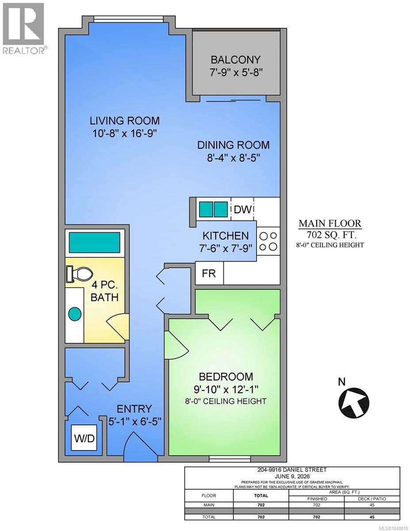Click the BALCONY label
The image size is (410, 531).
pos(236,60)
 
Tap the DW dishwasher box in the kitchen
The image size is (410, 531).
pos(242,209)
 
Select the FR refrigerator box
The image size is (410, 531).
pos(209,273)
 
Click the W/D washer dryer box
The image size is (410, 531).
pos(84,439)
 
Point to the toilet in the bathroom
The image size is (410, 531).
pos(79,273)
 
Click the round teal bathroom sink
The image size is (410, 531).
pos(75,314)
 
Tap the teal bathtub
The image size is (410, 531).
pos(95,242)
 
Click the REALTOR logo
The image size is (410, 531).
pos(24,28)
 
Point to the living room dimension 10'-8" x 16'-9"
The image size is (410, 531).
pos(124,134)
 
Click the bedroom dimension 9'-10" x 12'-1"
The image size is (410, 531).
pos(226,389)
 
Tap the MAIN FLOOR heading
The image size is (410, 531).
pos(330,223)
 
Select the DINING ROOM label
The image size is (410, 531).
pos(233,145)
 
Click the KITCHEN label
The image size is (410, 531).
pos(226,236)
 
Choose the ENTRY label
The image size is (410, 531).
pos(134,409)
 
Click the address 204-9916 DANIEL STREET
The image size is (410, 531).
pos(292,469)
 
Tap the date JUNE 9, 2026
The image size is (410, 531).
pos(292,476)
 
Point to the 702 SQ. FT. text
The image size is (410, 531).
pos(331,235)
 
